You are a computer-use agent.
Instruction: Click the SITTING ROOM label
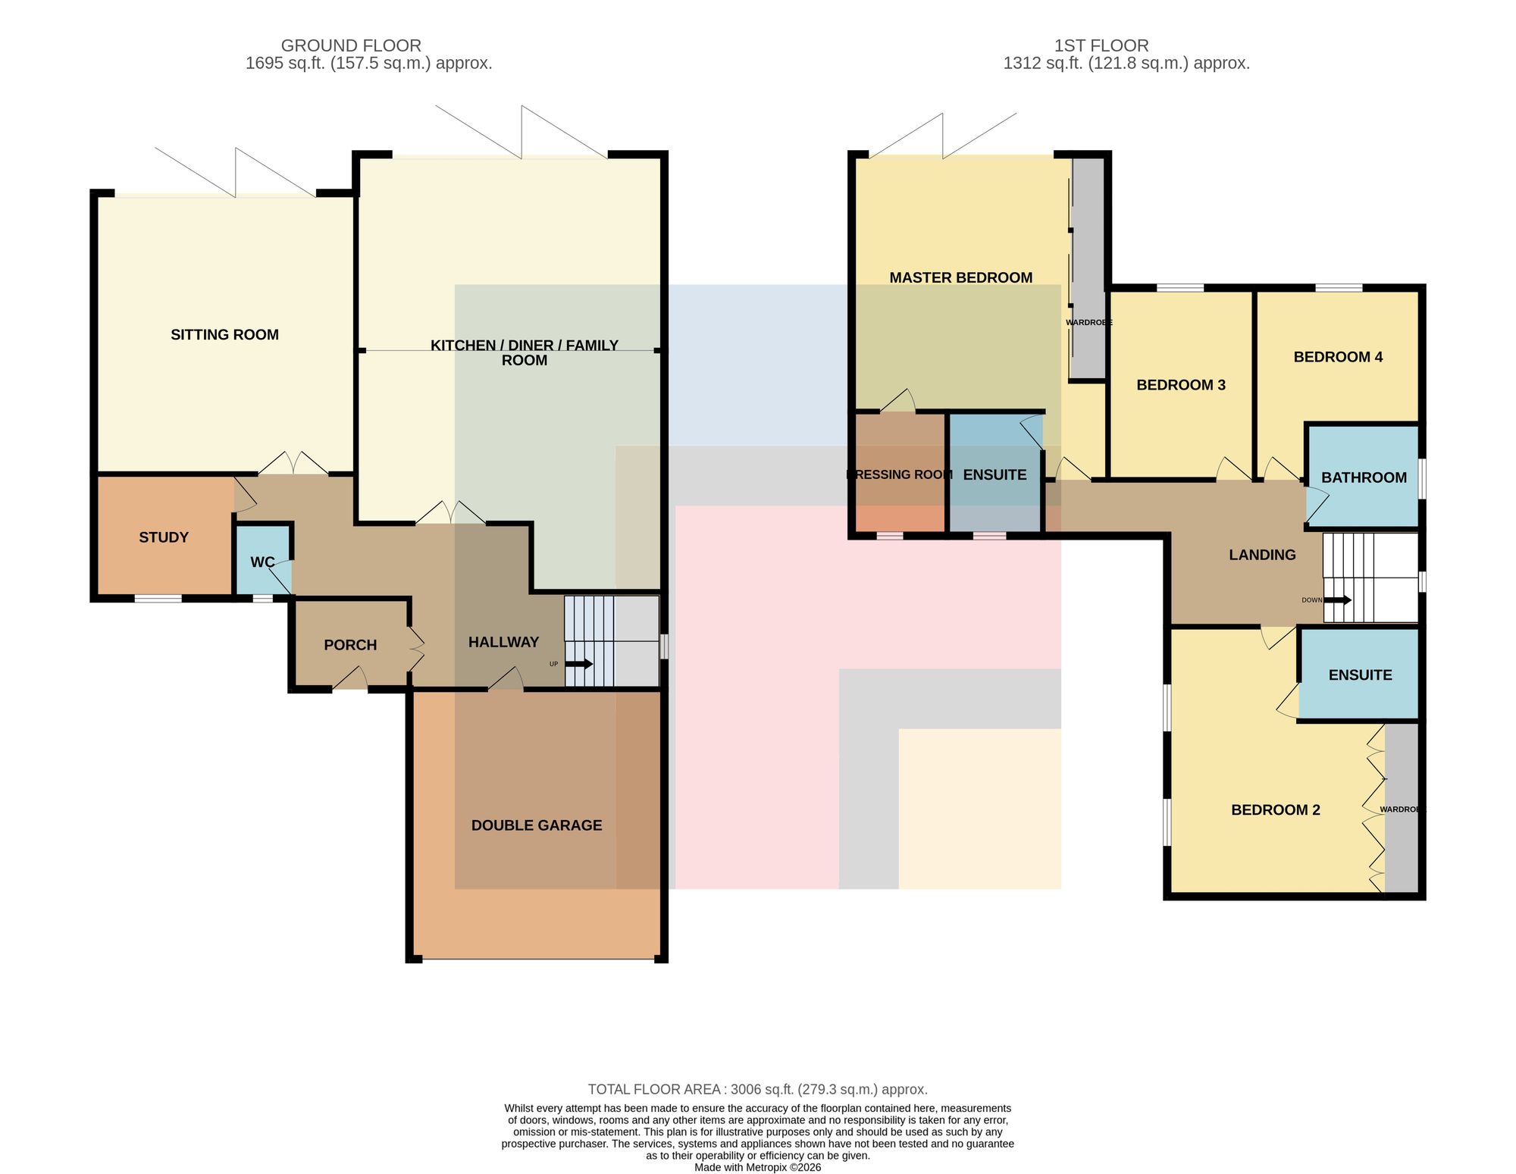tap(224, 335)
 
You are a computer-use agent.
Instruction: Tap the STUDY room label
tap(164, 537)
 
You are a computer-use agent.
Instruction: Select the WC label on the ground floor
tap(262, 562)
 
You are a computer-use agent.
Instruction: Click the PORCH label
tap(350, 645)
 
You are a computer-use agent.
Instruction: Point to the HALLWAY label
tap(503, 642)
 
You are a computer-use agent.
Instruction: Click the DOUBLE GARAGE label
tap(537, 825)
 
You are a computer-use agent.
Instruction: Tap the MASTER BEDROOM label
tap(961, 278)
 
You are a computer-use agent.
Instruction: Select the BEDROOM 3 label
tap(1181, 385)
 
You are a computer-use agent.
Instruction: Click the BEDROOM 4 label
tap(1338, 357)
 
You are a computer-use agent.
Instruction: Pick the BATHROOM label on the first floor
tap(1364, 477)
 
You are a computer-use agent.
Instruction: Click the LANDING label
tap(1262, 555)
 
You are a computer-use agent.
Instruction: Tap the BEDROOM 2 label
tap(1276, 810)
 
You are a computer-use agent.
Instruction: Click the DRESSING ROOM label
tap(899, 474)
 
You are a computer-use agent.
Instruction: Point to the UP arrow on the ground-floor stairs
tap(579, 664)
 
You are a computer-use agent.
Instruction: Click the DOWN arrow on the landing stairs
tap(1338, 600)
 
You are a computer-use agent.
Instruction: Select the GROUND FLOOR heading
tap(351, 45)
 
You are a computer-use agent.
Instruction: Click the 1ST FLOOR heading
tap(1101, 45)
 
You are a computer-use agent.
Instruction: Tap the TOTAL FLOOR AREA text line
tap(758, 1089)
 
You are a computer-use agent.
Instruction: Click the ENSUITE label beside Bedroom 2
tap(1360, 675)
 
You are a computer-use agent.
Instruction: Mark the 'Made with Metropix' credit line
tap(758, 1167)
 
